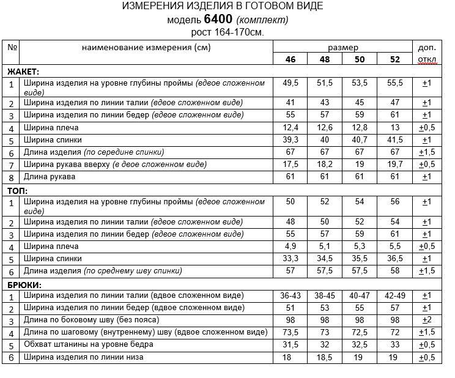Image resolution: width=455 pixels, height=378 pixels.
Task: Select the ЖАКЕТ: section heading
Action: coord(23,72)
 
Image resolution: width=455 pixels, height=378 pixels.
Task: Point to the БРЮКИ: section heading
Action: coord(24,284)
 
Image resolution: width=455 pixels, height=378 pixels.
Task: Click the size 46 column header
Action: coord(290,59)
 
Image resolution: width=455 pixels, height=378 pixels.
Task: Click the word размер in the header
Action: coord(343,47)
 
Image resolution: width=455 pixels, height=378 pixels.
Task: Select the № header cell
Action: coord(12,47)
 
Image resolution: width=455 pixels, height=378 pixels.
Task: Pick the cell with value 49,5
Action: coord(290,83)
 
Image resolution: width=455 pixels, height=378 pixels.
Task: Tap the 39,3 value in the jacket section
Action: coord(290,140)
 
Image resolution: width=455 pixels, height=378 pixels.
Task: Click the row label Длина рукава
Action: coord(50,177)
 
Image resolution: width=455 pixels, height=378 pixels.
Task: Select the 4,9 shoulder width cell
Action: coord(290,246)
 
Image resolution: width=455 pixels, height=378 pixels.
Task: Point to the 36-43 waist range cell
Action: coord(290,295)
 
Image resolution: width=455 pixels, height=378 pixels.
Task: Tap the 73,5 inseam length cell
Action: coord(290,332)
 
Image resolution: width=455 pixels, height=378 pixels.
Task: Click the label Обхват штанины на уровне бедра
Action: coord(88,344)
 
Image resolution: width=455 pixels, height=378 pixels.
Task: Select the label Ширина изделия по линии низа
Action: coord(84,357)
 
